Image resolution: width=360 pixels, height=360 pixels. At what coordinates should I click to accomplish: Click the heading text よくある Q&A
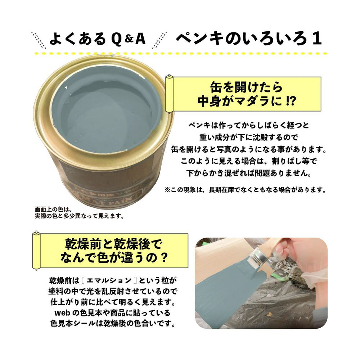(x=98, y=39)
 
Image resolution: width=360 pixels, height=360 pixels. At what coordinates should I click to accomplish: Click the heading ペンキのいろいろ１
(x=249, y=39)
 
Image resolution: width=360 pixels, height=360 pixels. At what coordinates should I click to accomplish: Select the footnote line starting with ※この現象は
(x=245, y=190)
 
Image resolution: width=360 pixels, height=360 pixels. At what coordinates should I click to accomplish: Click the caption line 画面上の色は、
(x=53, y=210)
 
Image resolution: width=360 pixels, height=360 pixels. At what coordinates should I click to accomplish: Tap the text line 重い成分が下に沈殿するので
(x=249, y=137)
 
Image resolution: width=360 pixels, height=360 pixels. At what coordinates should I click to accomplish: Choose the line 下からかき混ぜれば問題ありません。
(x=249, y=173)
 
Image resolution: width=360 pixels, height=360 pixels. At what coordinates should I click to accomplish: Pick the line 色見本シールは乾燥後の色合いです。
(x=113, y=324)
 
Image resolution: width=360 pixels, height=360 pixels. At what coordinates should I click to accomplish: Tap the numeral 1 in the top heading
(x=317, y=39)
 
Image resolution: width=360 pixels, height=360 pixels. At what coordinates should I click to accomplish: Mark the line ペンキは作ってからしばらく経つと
(x=249, y=125)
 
